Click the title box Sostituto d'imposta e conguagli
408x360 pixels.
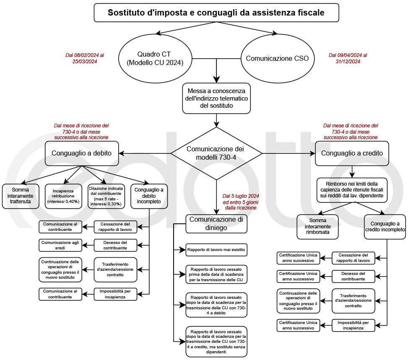(216, 13)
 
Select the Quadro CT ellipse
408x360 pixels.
(155, 58)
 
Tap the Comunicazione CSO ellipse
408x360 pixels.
(280, 58)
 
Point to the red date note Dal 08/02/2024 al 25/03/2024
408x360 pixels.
(84, 58)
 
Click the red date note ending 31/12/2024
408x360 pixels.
(348, 58)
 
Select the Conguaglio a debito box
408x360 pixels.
(82, 153)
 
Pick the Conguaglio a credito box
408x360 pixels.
(352, 153)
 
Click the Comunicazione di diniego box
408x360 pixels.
(216, 224)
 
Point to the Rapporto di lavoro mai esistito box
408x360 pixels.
(216, 251)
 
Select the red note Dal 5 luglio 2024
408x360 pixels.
(241, 202)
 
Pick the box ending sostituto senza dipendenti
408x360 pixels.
(216, 341)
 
